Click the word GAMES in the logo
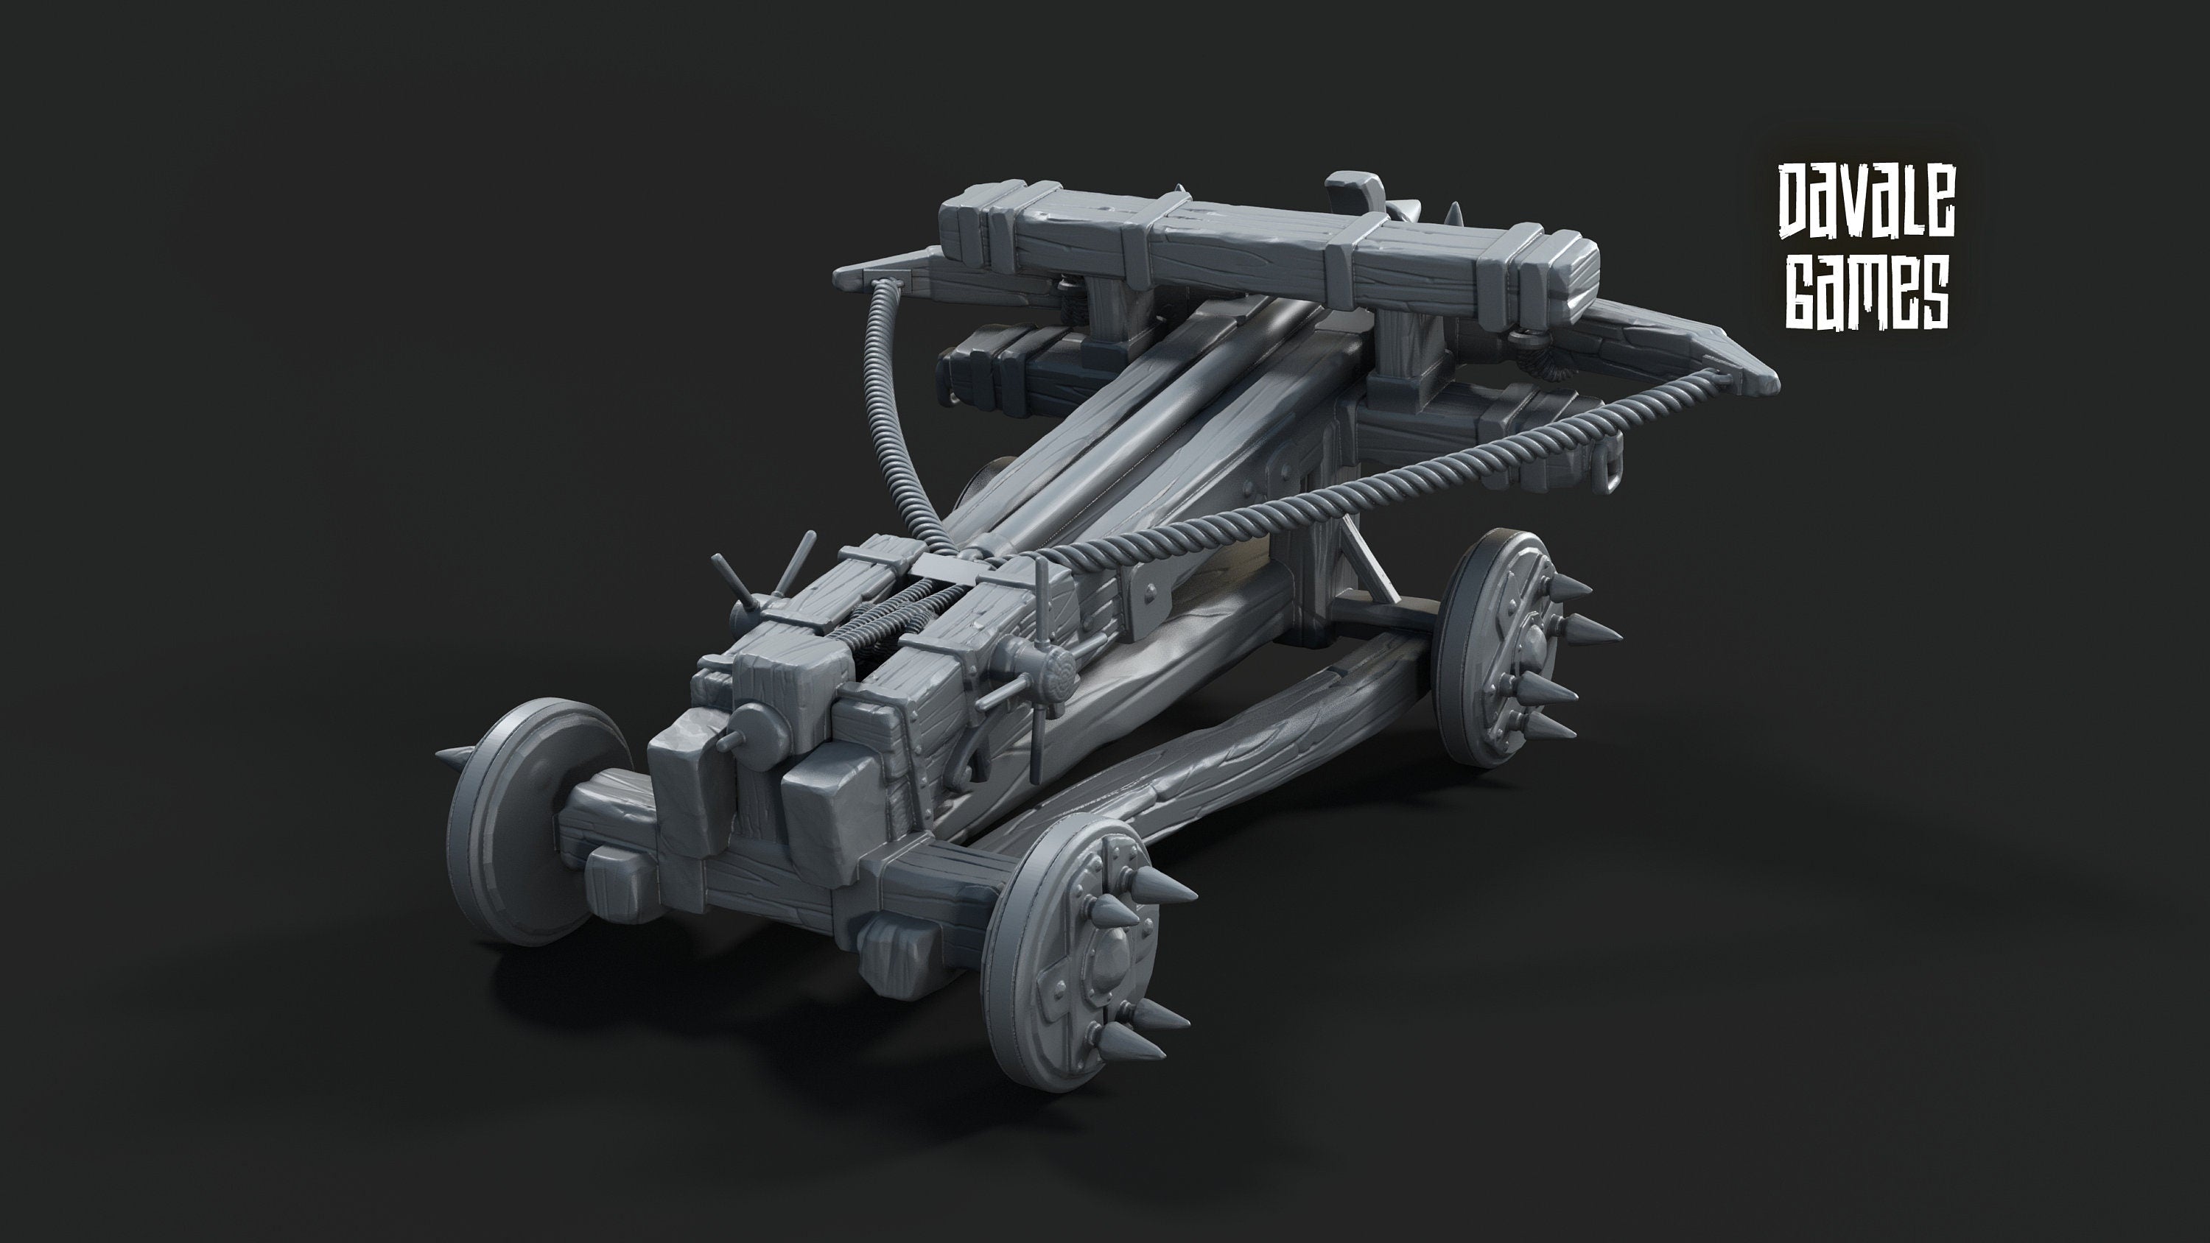pyautogui.click(x=1867, y=292)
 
